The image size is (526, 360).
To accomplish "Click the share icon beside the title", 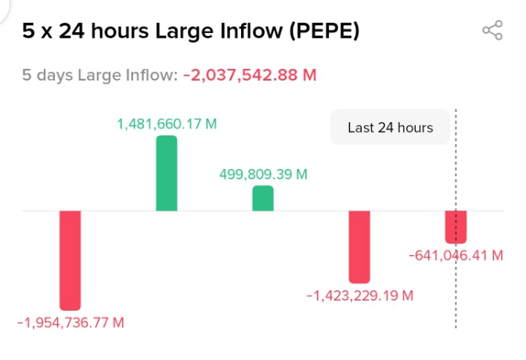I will pos(492,31).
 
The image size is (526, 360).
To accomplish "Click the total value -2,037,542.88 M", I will pos(250,75).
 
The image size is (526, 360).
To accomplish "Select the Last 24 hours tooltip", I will pos(390,128).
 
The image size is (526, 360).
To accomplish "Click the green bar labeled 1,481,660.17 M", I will pos(167,173).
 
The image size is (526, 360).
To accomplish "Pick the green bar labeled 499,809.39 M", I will pos(263,198).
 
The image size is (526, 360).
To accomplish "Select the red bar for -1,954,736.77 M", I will pos(70,260).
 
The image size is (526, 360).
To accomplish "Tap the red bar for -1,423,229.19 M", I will pos(359,247).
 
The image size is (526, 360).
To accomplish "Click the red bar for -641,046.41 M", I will pos(456,227).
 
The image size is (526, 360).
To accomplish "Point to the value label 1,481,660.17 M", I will pos(167,124).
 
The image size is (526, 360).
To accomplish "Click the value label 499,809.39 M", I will pos(263,174).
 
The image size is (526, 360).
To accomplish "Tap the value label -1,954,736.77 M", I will pos(70,322).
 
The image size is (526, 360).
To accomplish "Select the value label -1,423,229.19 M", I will pos(359,296).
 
